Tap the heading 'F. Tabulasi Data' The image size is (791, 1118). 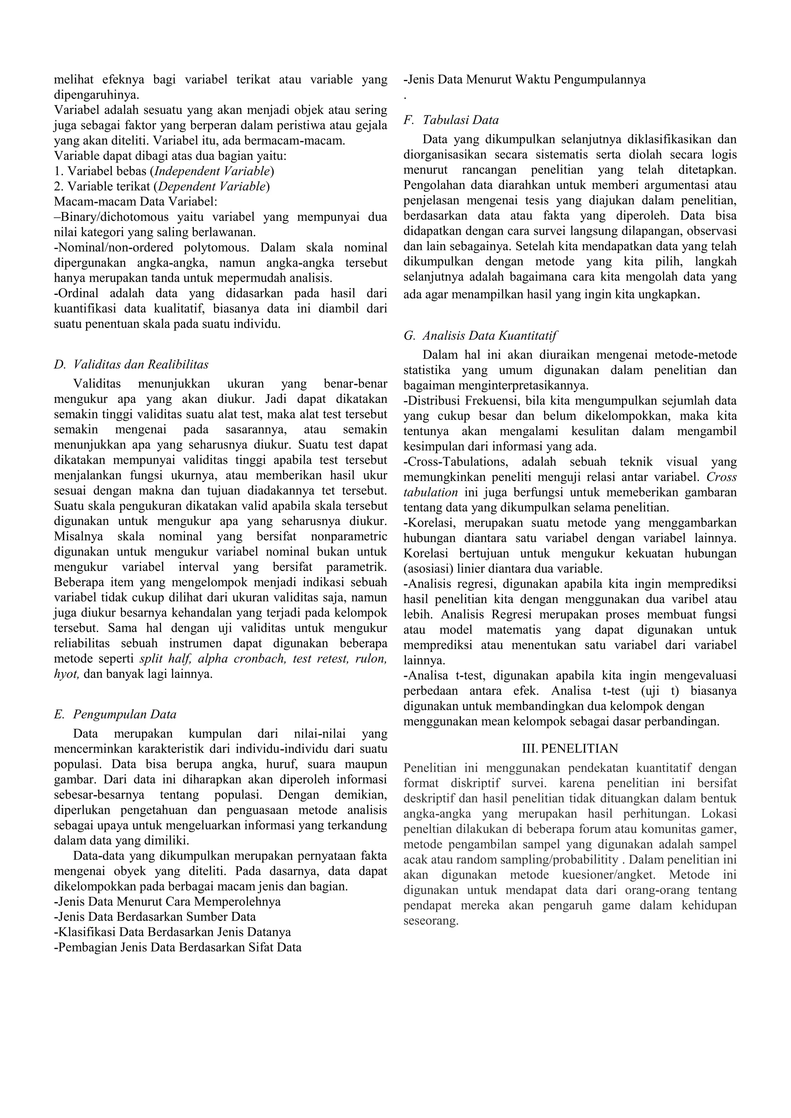(451, 120)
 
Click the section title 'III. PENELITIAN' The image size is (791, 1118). (570, 749)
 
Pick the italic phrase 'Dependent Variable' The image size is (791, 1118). (212, 186)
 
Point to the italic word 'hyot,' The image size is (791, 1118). (67, 674)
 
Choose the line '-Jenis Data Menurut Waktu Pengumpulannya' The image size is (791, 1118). (525, 80)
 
